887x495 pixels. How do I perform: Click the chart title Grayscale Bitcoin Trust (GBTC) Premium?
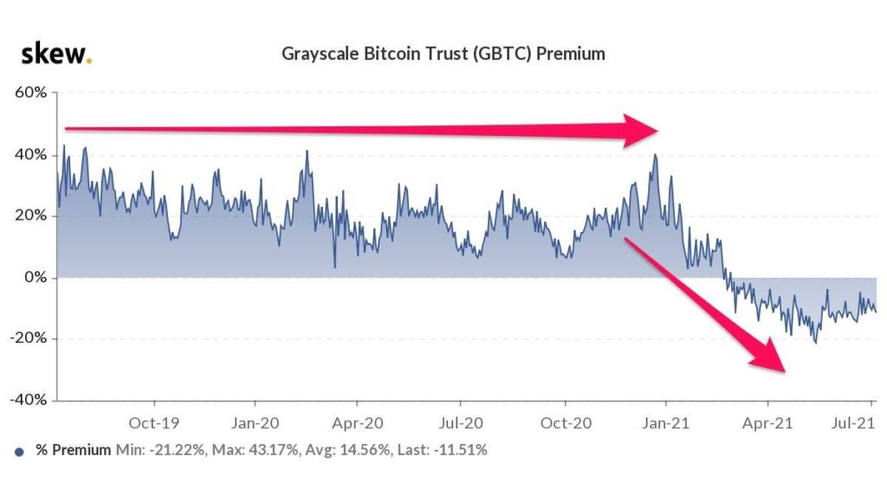coord(443,54)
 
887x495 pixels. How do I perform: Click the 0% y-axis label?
coord(36,278)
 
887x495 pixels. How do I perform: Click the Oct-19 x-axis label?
coord(154,423)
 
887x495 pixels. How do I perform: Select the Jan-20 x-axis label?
coord(255,423)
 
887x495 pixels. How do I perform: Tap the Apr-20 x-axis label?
coord(357,423)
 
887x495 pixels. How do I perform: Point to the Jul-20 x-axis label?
coord(459,423)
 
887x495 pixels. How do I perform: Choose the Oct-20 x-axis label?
coord(565,423)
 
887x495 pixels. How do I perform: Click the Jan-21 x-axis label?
coord(665,423)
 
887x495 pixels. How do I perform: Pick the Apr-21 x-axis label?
coord(767,423)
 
